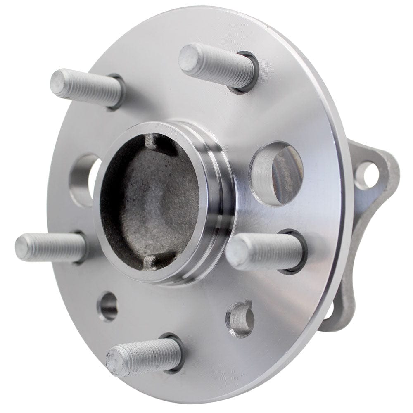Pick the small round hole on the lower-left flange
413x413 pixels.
[x=108, y=306]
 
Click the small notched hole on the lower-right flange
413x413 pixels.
[x=240, y=318]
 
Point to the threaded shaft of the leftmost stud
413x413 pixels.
[x=58, y=247]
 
